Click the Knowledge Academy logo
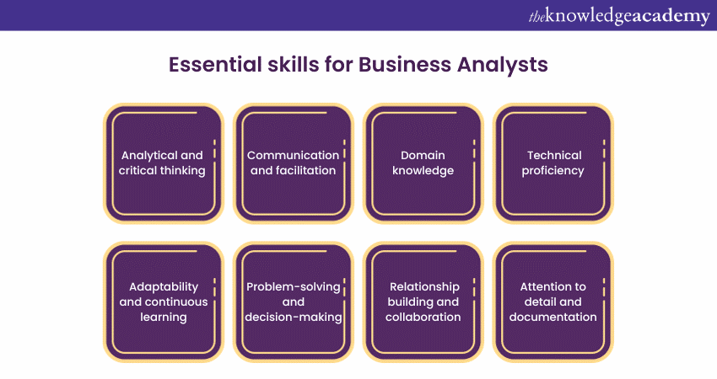click(619, 15)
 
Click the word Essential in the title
click(208, 65)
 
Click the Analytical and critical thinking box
click(163, 163)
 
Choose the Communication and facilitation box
click(293, 163)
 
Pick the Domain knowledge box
click(423, 163)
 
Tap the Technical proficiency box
click(553, 163)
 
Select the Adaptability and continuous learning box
click(163, 302)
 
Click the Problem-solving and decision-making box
click(293, 302)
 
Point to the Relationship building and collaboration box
click(423, 302)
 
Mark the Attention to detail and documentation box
click(553, 302)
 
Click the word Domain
click(423, 156)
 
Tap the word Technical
click(554, 156)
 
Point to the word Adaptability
click(164, 286)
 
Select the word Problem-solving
click(293, 286)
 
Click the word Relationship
click(423, 286)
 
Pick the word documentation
click(553, 318)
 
